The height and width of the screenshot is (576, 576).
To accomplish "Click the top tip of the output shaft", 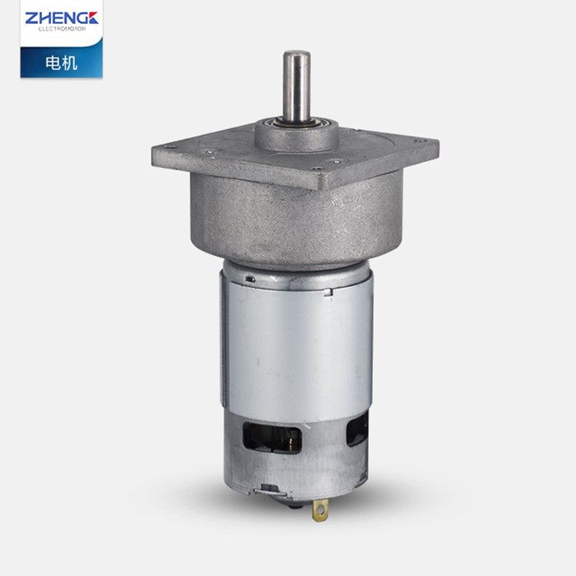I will (x=297, y=54).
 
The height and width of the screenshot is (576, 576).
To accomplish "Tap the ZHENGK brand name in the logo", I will (x=61, y=16).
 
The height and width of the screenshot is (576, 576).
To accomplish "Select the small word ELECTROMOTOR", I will (x=61, y=27).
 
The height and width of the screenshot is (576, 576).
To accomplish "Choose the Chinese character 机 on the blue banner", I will (x=70, y=63).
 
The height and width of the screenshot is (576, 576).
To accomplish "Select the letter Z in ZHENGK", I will (x=30, y=16).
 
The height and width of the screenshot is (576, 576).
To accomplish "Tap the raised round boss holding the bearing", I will (x=297, y=137).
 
